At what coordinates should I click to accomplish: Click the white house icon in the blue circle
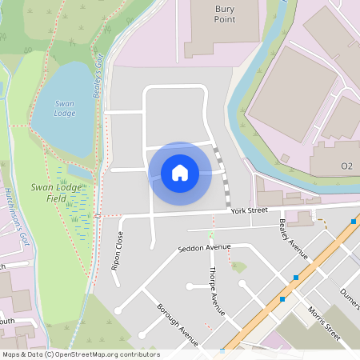[180, 172]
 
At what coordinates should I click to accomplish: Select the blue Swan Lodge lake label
[65, 108]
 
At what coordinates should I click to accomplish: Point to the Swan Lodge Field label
[56, 192]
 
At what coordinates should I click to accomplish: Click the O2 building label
[346, 166]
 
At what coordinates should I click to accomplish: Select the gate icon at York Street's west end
[98, 215]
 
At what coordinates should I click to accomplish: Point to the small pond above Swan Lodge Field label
[78, 171]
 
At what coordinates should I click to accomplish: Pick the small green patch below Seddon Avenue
[237, 266]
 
